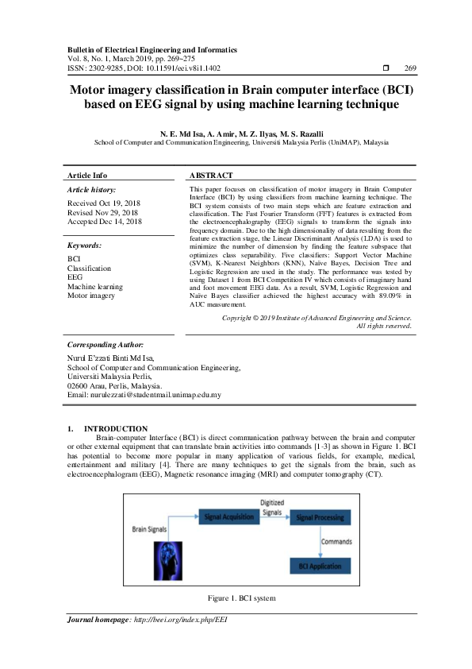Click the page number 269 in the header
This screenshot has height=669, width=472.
tap(411, 68)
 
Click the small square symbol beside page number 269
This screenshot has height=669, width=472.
tap(386, 68)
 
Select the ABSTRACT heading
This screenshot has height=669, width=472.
tap(211, 175)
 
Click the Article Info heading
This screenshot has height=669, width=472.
tap(87, 175)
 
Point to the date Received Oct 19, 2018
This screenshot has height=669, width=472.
tap(104, 204)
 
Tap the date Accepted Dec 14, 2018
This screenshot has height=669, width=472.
tap(105, 222)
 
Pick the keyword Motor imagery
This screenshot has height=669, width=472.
tap(90, 295)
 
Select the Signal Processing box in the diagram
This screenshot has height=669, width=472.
tap(318, 517)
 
